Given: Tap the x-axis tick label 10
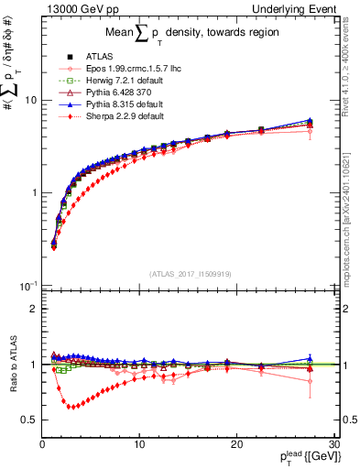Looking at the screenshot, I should click(x=138, y=443).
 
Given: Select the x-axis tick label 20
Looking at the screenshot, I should click(x=236, y=443).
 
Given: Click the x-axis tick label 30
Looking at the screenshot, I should click(x=333, y=443).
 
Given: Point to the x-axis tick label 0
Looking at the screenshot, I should click(x=42, y=443).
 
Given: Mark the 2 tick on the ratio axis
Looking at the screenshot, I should click(x=32, y=309).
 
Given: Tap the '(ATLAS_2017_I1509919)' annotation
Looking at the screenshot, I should click(x=189, y=272).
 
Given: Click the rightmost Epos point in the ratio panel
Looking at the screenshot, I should click(x=310, y=381).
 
